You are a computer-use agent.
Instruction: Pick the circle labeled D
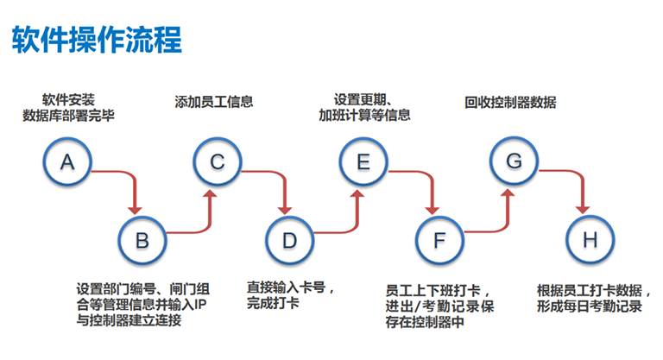290,239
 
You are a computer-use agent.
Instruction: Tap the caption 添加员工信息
214,102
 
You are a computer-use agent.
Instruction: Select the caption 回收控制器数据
510,102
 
